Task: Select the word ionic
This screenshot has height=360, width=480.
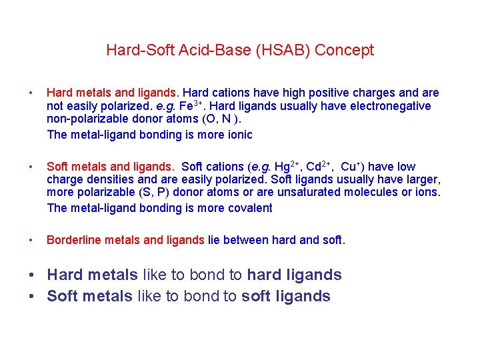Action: point(239,135)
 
